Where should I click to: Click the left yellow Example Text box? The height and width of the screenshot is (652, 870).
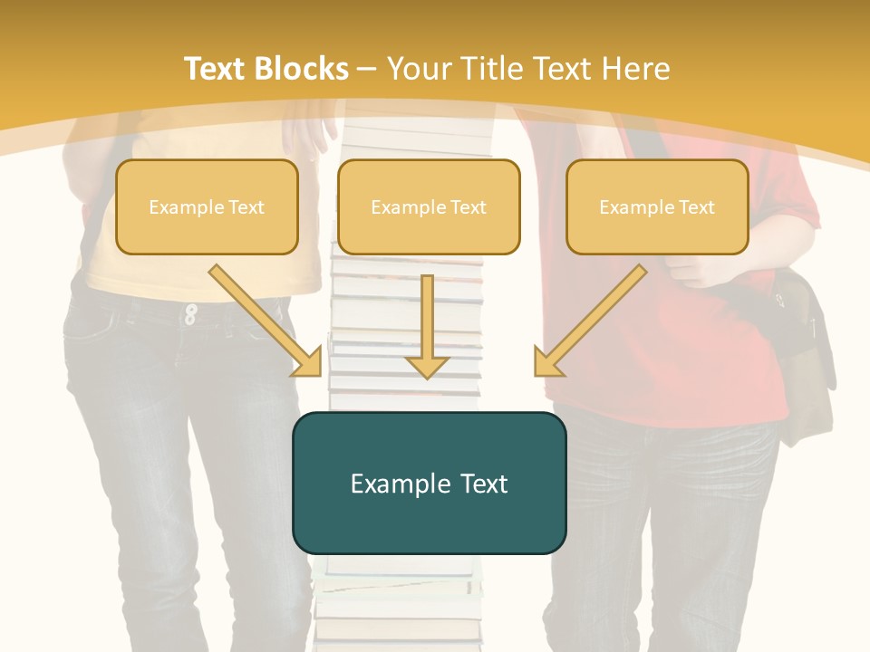point(207,206)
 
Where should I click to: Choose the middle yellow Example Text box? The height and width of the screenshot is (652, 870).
point(429,206)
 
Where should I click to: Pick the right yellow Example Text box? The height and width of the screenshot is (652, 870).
point(657,206)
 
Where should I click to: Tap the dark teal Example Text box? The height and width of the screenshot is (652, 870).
point(429,483)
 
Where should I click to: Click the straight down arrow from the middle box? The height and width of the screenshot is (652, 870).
point(427,326)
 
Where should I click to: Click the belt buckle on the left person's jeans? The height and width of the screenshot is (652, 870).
point(190,314)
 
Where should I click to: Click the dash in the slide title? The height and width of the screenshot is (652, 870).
point(367,69)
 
